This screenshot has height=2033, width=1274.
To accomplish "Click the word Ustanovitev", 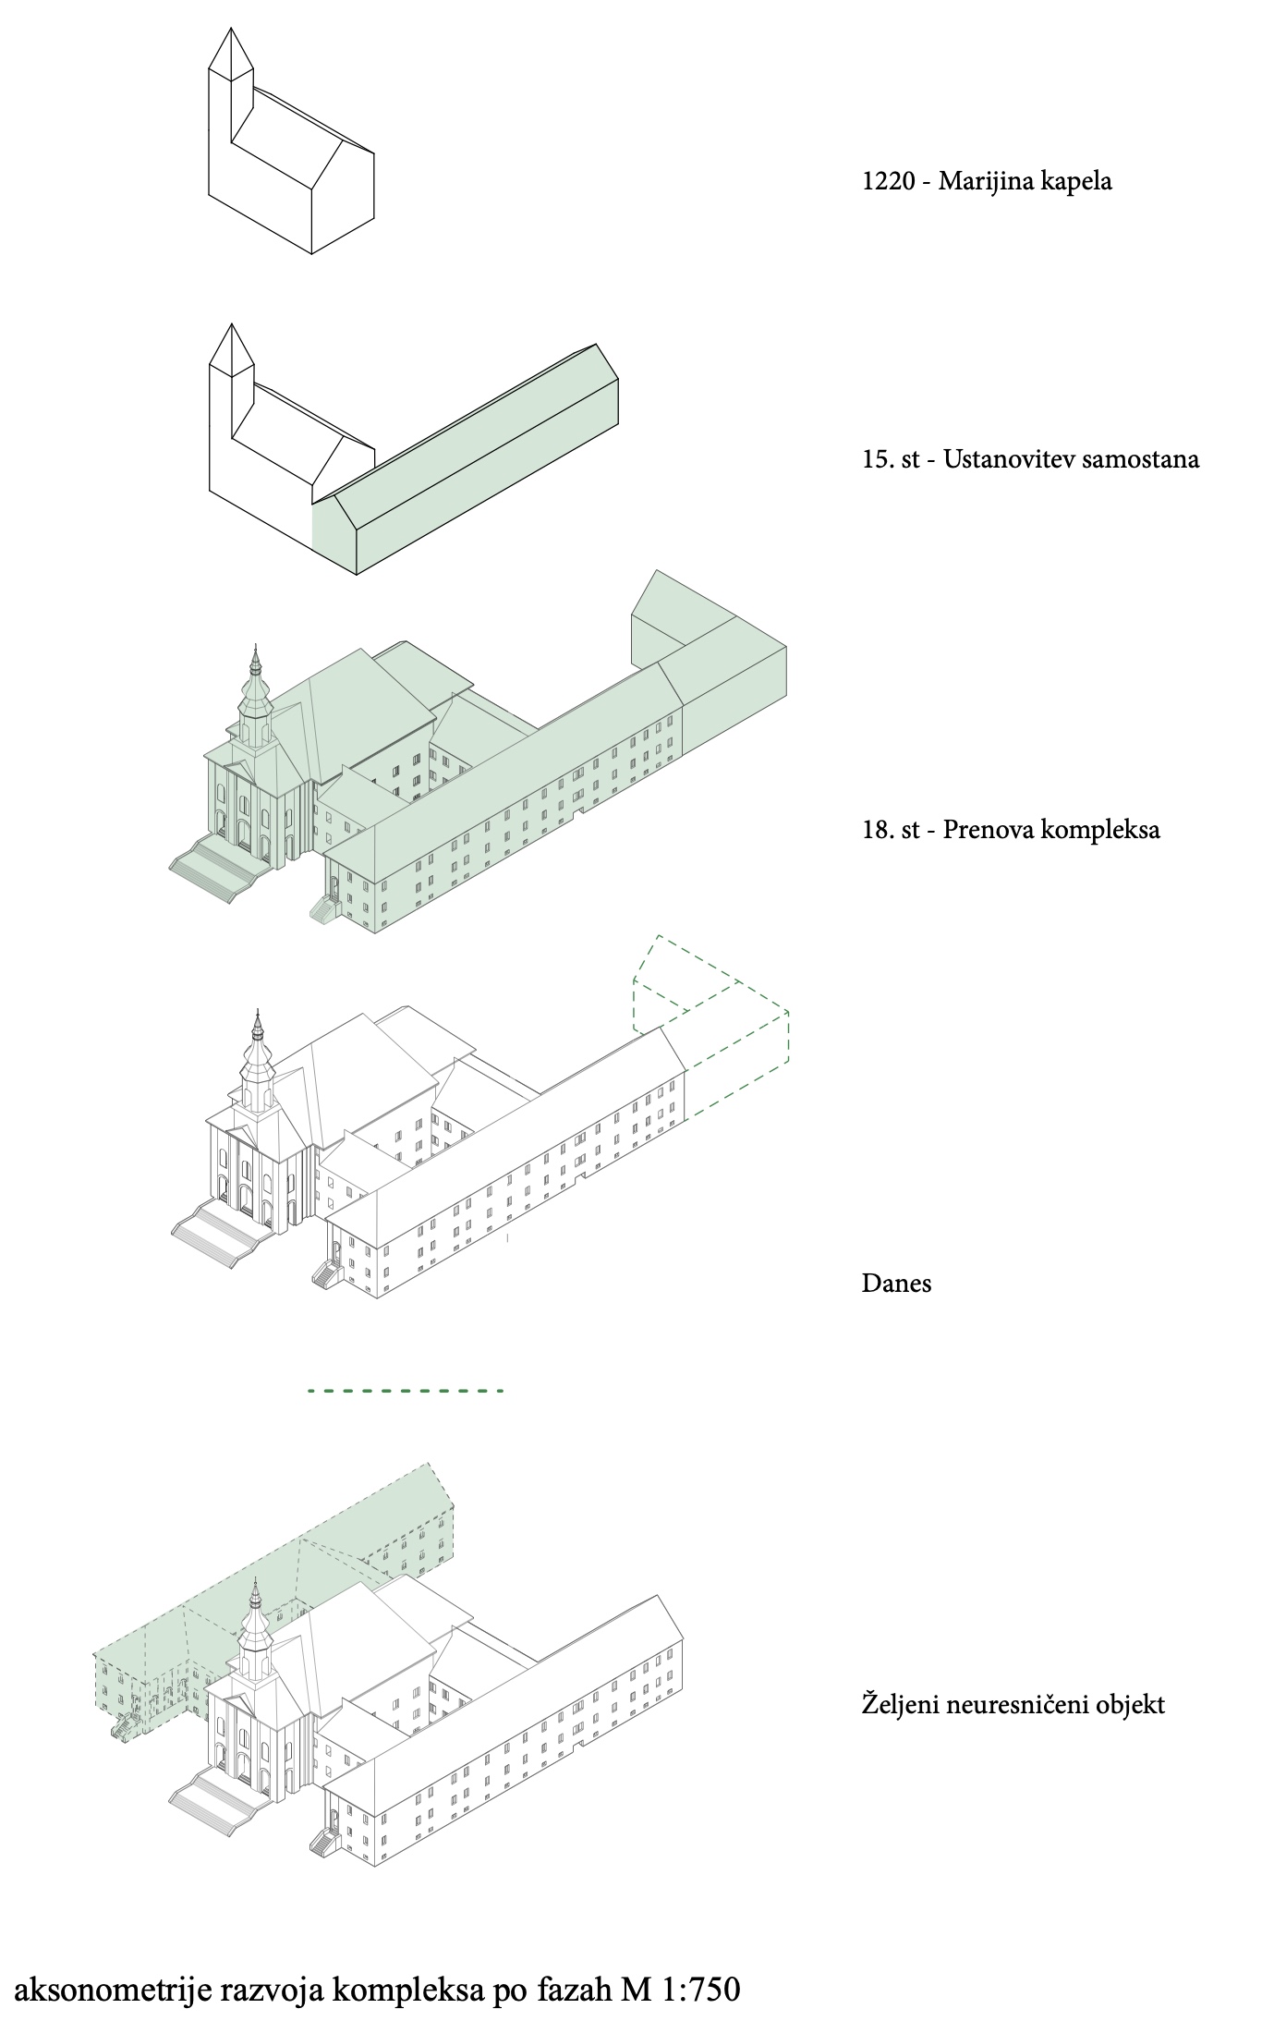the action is tap(1007, 459).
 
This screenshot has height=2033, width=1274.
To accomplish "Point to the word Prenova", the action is tap(988, 829).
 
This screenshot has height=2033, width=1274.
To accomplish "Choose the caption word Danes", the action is tap(896, 1283).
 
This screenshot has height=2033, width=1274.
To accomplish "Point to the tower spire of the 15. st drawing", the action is tap(231, 348).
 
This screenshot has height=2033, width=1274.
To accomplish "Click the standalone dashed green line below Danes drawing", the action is tap(406, 1390).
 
